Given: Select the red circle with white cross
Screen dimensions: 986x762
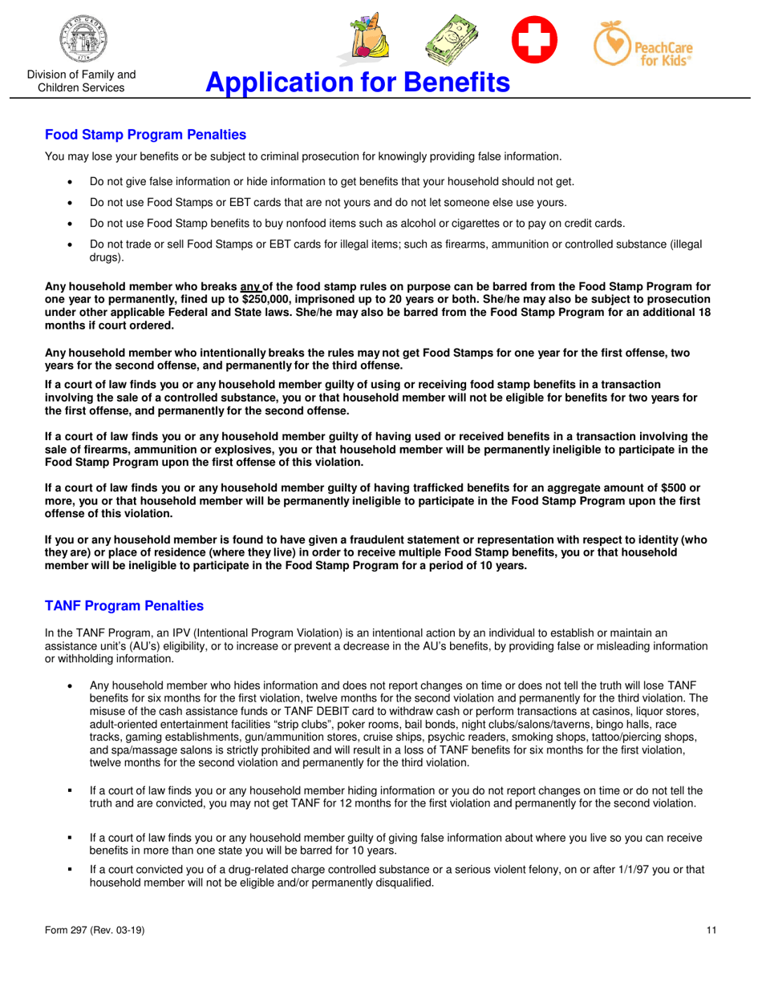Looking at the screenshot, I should click(535, 39).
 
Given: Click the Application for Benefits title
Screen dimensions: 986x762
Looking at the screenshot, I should click(357, 82).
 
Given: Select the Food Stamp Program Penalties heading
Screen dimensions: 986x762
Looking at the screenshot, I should click(145, 135).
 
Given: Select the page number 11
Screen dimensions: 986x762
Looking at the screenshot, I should click(711, 930).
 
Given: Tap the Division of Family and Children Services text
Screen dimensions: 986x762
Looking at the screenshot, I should click(81, 81).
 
